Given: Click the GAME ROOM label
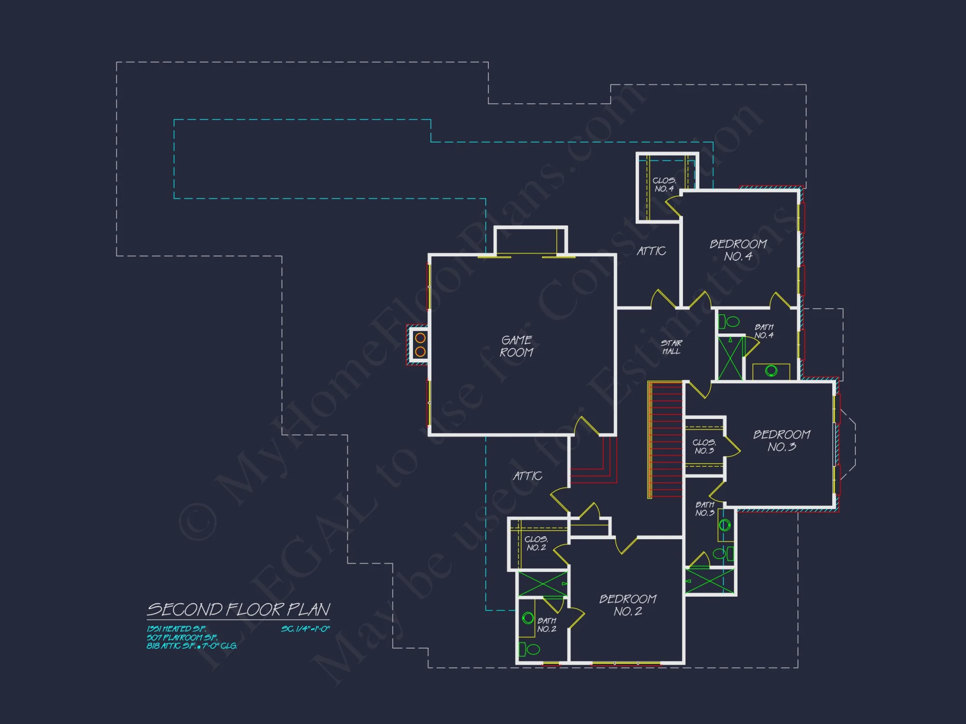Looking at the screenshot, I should pos(516,346).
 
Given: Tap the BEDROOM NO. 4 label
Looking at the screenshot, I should pos(738,250).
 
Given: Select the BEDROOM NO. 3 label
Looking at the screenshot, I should pos(781,441).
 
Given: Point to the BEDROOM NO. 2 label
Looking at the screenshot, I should pos(627,605).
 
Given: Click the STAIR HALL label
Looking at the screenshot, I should pos(671,347).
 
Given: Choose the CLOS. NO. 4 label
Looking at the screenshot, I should pos(664,184).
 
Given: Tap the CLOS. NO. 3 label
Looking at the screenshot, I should pos(704,446).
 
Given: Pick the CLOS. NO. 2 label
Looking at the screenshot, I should pos(536,543).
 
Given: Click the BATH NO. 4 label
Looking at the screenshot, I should pos(764,331).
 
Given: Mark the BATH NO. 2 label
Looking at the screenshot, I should pos(547,625).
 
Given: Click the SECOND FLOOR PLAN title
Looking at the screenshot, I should pos(239,610).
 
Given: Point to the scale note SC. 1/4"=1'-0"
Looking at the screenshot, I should pos(305,629).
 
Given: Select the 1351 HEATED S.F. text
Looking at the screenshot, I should pos(176,629).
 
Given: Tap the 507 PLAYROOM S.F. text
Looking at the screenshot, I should pos(182,638).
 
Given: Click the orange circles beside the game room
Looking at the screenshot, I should pos(420,345).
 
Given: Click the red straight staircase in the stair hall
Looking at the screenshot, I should pos(666,439).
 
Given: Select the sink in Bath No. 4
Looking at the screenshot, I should pos(771,371).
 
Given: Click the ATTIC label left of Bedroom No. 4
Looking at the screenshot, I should pos(651,251).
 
